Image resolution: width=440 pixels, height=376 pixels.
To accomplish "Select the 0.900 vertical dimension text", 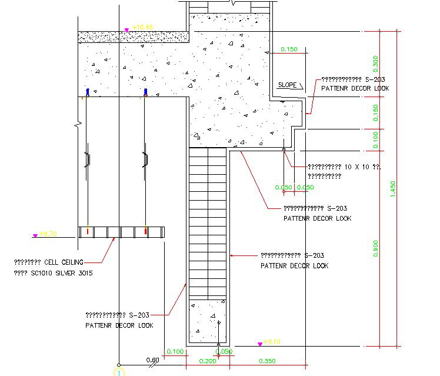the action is click(x=376, y=248).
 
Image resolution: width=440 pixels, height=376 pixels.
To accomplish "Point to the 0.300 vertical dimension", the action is click(x=376, y=62).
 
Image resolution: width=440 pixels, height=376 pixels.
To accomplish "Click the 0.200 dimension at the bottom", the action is click(x=207, y=360).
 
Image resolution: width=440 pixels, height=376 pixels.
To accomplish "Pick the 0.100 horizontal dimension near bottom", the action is click(x=175, y=351).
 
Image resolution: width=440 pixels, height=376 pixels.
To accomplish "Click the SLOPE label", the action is click(x=288, y=85).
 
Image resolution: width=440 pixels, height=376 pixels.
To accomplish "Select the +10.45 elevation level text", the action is click(x=142, y=27).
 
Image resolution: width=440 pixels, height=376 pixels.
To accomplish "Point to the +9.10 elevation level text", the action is click(x=272, y=342).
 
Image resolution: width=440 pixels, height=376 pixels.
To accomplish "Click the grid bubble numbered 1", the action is click(x=118, y=372).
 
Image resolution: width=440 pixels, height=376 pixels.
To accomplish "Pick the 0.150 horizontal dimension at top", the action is click(x=289, y=49).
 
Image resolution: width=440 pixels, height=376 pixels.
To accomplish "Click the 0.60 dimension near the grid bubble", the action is click(x=152, y=360).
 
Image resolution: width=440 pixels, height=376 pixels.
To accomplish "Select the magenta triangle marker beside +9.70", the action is click(x=35, y=235).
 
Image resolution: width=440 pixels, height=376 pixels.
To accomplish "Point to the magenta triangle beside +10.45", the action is click(x=126, y=29).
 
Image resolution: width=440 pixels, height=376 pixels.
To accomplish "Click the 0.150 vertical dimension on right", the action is click(x=376, y=112).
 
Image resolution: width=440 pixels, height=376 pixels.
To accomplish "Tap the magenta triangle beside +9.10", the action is click(x=259, y=342).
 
